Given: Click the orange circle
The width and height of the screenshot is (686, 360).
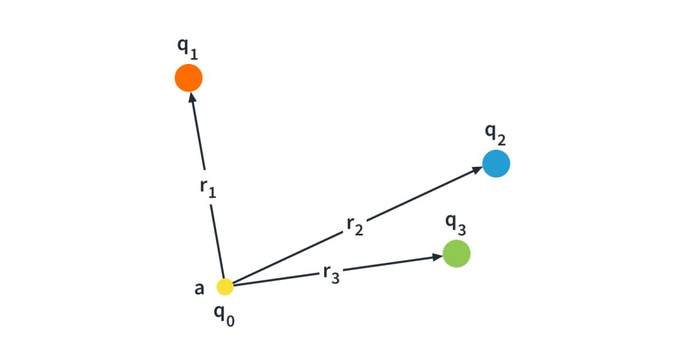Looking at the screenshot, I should pyautogui.click(x=189, y=78).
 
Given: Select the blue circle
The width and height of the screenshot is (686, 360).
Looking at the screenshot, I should pyautogui.click(x=496, y=163).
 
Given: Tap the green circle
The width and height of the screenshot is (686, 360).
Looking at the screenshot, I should pyautogui.click(x=457, y=253).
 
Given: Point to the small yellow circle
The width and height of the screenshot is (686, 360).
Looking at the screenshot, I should pyautogui.click(x=225, y=287).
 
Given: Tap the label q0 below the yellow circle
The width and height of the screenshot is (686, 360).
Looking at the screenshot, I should pyautogui.click(x=224, y=314).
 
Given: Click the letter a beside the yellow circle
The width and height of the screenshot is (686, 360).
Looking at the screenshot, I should pyautogui.click(x=199, y=289).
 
